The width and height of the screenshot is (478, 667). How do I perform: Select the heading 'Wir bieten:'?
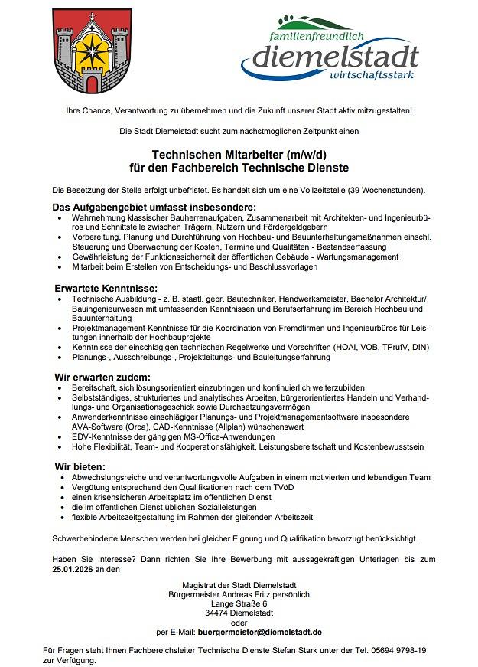[x=80, y=466]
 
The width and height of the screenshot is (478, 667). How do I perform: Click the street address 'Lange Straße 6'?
[x=239, y=603]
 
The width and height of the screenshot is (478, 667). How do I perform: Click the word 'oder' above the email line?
[x=239, y=622]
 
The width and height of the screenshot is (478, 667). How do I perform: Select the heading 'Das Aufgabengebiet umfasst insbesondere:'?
[x=153, y=208]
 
